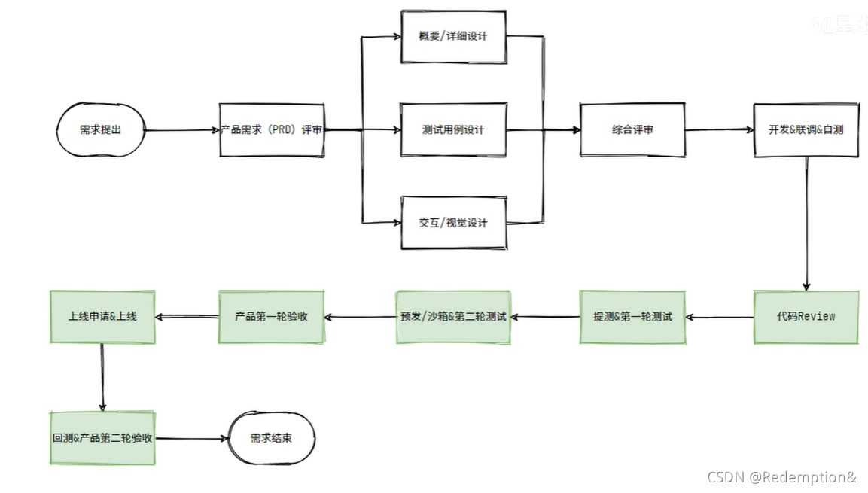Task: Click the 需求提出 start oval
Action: point(99,130)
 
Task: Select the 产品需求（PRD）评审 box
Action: point(272,130)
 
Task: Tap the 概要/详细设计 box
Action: point(453,37)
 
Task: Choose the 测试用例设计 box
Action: point(453,130)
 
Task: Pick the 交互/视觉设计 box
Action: point(453,223)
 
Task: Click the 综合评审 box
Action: point(632,130)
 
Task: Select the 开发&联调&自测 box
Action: point(806,130)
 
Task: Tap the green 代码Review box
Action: point(806,317)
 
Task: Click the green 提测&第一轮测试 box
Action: point(632,317)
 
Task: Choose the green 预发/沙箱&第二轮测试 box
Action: point(453,317)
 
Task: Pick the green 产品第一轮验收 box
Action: point(272,317)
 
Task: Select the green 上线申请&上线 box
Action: point(102,317)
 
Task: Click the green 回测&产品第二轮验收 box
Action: point(102,437)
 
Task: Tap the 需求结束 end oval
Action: point(271,438)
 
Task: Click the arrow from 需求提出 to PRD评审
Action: point(181,130)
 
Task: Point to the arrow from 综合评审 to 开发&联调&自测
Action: point(719,130)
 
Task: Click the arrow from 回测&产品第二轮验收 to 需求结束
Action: point(192,438)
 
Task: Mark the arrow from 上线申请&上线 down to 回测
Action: point(102,376)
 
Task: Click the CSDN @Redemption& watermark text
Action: point(781,477)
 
